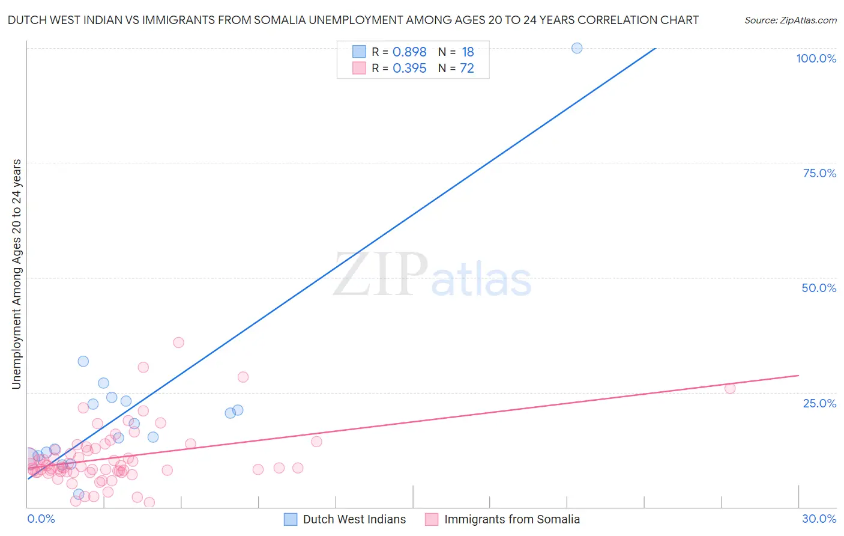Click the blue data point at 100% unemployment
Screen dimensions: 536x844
click(577, 48)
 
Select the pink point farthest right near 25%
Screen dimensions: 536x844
click(730, 388)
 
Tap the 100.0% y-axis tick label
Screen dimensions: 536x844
click(816, 58)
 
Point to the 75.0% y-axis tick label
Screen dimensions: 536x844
click(819, 173)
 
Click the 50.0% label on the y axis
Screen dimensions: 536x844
click(819, 288)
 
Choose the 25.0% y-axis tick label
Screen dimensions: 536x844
click(819, 403)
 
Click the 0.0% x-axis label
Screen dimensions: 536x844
click(41, 519)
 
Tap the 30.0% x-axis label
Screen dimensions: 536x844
click(819, 519)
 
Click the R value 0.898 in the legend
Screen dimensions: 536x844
click(409, 52)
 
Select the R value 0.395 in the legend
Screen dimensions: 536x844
click(409, 69)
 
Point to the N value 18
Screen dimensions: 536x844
click(468, 52)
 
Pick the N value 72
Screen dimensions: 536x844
click(467, 69)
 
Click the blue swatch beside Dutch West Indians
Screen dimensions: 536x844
click(291, 519)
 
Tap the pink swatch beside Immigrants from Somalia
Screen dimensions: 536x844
click(432, 519)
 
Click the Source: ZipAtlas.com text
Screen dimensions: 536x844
click(790, 20)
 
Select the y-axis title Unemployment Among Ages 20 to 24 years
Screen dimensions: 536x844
click(17, 274)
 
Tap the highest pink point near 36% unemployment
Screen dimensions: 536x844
click(178, 343)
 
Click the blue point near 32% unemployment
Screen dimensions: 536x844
click(83, 361)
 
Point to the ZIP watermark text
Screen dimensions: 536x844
click(381, 275)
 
